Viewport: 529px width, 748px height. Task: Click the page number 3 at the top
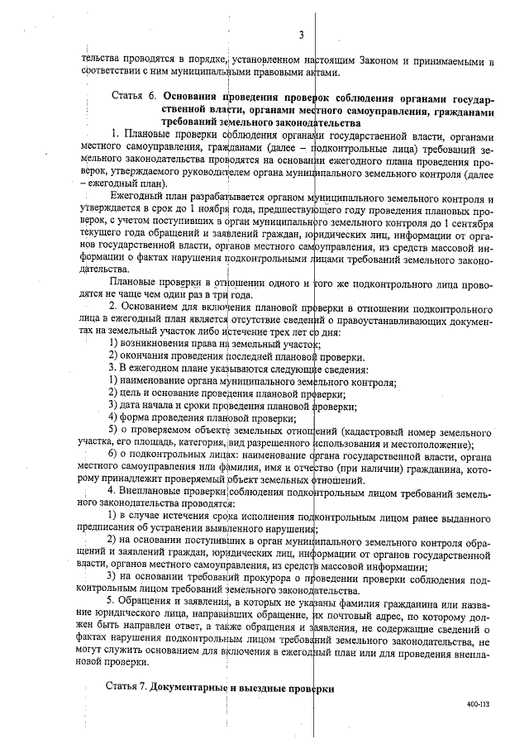click(x=303, y=34)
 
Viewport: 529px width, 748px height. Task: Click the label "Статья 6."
click(x=135, y=97)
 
